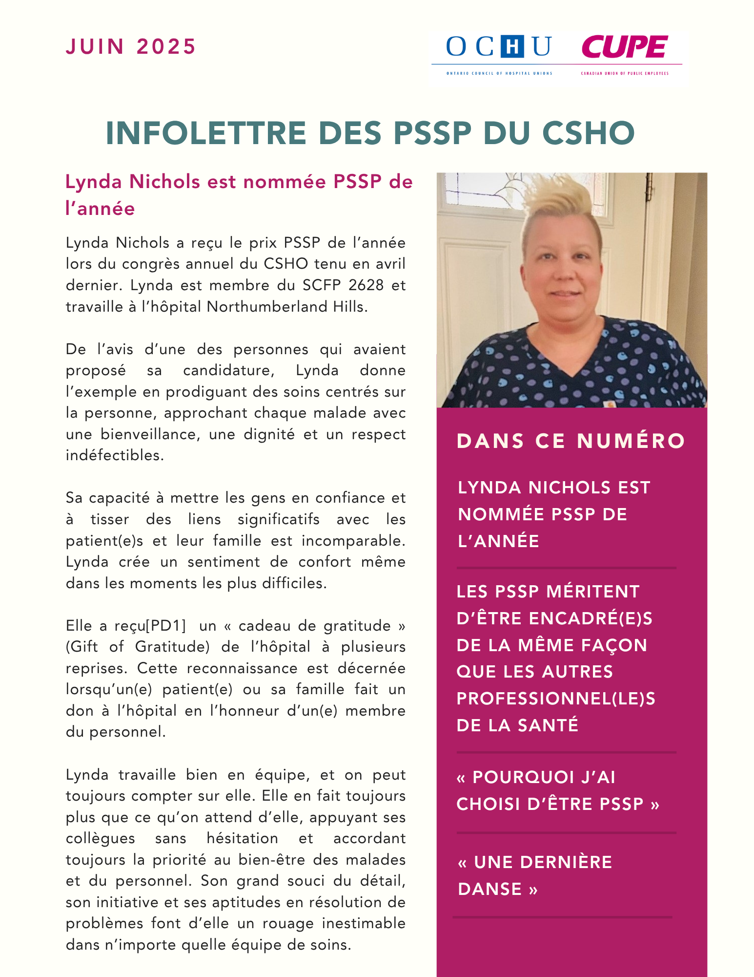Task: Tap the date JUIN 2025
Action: (x=131, y=47)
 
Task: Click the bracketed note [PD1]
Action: (x=166, y=626)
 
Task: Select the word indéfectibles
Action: (x=115, y=455)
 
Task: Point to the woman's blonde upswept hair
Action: (x=566, y=200)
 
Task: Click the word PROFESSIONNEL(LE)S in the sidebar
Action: (x=556, y=699)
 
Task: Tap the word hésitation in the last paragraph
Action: (x=242, y=838)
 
